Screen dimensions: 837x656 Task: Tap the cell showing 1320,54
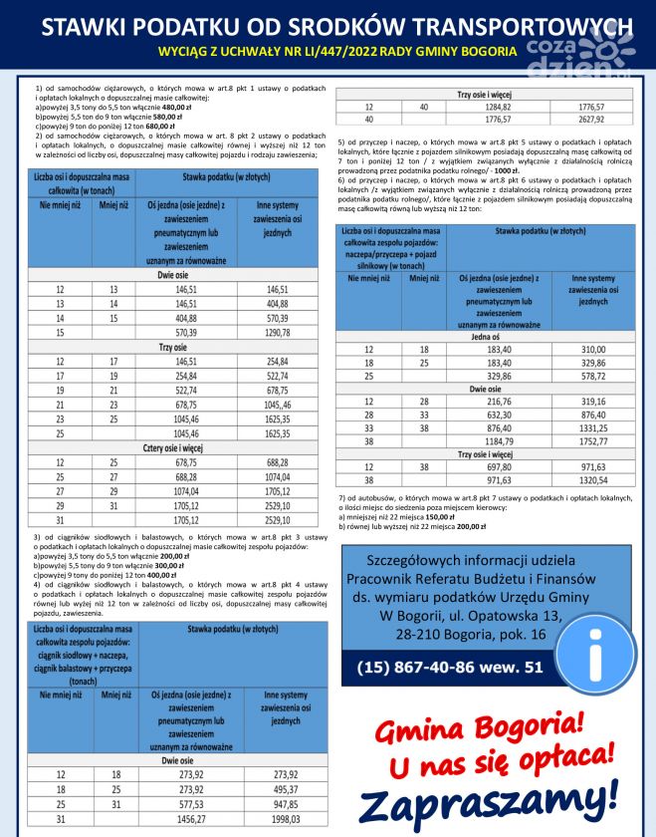tap(592, 479)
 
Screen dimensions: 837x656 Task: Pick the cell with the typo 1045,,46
tap(278, 406)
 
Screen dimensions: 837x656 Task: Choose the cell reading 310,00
tap(592, 350)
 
